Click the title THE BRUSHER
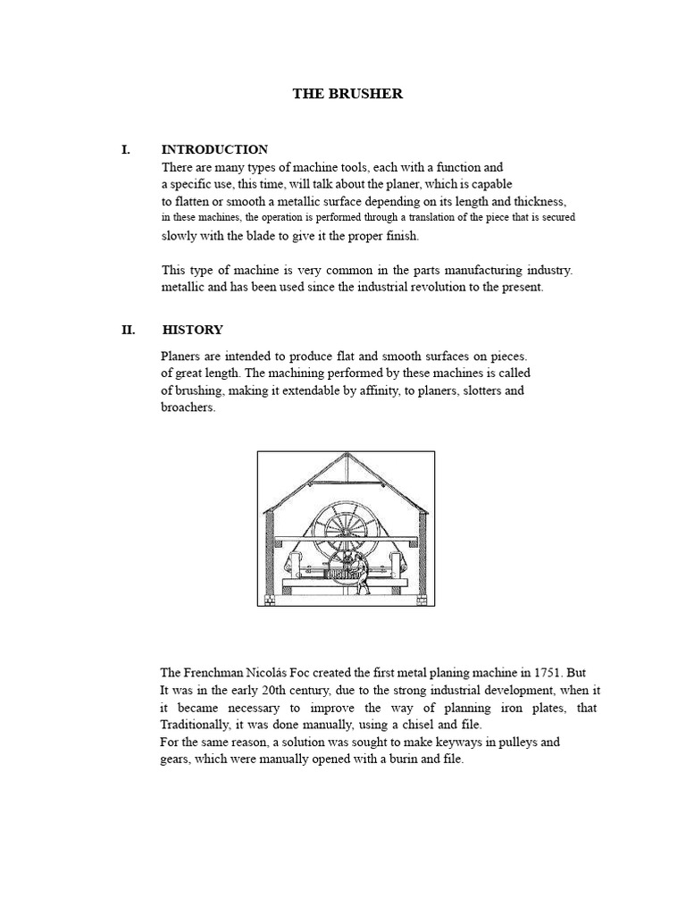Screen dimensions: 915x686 pyautogui.click(x=347, y=94)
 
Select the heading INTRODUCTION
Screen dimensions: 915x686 pyautogui.click(x=214, y=149)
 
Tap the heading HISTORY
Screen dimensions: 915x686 pyautogui.click(x=192, y=330)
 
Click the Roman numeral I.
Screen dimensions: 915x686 pyautogui.click(x=126, y=149)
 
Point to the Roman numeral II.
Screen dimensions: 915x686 pyautogui.click(x=128, y=330)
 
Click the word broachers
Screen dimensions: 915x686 pyautogui.click(x=188, y=408)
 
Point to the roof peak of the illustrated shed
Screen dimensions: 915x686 pyautogui.click(x=343, y=456)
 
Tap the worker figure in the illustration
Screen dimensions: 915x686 pyautogui.click(x=361, y=573)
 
